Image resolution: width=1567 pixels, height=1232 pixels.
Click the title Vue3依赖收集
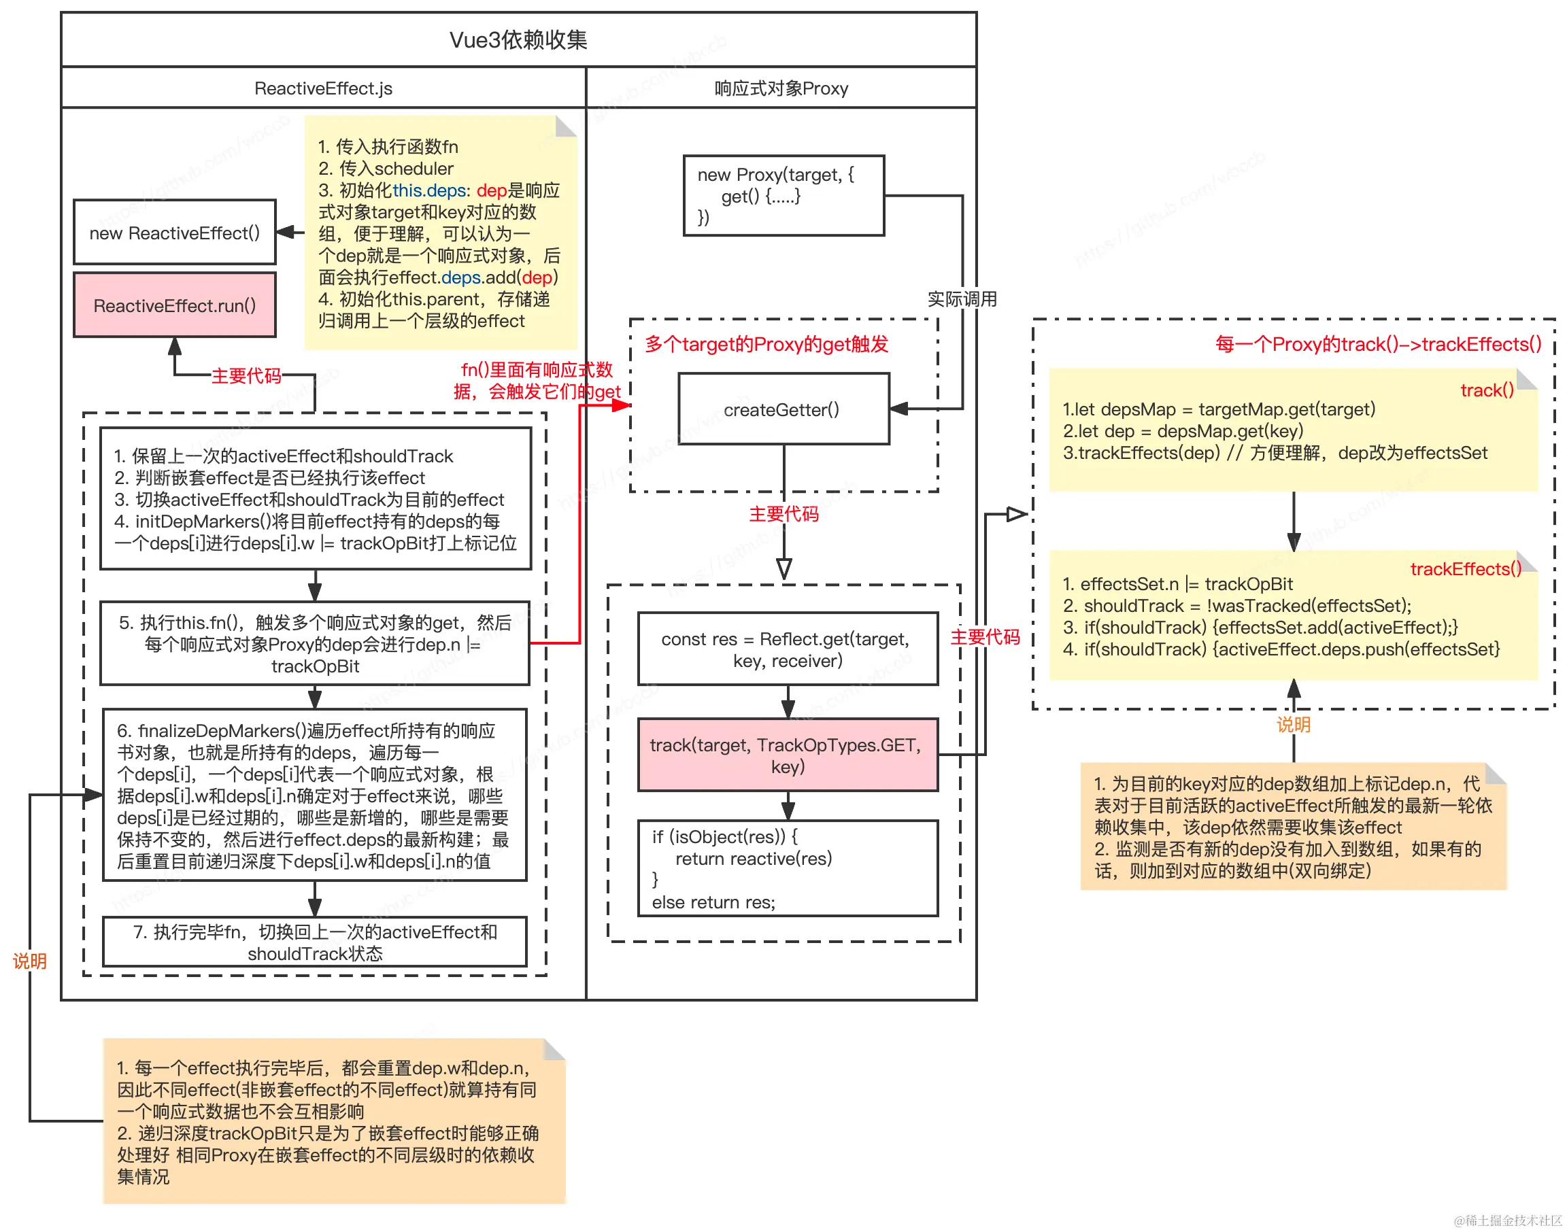518,39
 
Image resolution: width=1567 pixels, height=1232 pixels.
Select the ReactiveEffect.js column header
322,88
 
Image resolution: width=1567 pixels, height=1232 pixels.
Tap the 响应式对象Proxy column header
781,88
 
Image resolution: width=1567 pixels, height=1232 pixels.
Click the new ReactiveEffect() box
175,233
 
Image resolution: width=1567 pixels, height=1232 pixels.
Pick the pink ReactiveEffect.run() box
175,305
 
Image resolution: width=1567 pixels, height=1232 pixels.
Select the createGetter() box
783,409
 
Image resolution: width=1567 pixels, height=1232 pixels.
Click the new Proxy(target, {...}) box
783,196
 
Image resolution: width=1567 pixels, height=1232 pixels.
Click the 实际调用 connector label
961,298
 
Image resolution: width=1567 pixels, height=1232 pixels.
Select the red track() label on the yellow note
1485,390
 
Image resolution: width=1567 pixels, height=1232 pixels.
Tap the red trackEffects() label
1464,568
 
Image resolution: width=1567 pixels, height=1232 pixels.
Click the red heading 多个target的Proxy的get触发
766,344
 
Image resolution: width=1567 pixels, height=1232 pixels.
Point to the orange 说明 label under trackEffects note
1293,724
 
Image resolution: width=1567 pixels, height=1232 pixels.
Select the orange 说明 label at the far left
29,960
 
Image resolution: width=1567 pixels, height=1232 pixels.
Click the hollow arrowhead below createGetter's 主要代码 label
784,568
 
